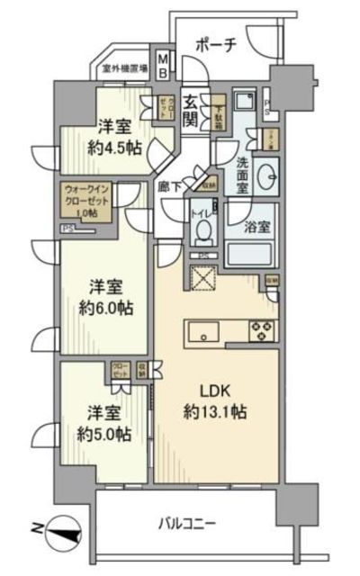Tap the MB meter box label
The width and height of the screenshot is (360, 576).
163,66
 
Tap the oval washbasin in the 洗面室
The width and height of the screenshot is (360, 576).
268,175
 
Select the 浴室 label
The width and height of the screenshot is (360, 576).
255,228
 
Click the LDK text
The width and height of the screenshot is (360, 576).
213,393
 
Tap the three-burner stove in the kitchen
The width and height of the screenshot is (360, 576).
260,330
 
